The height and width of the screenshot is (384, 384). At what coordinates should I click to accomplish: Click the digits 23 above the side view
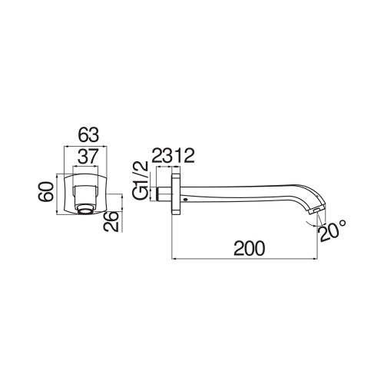click(160, 157)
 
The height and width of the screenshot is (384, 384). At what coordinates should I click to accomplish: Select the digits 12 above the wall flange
click(183, 157)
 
